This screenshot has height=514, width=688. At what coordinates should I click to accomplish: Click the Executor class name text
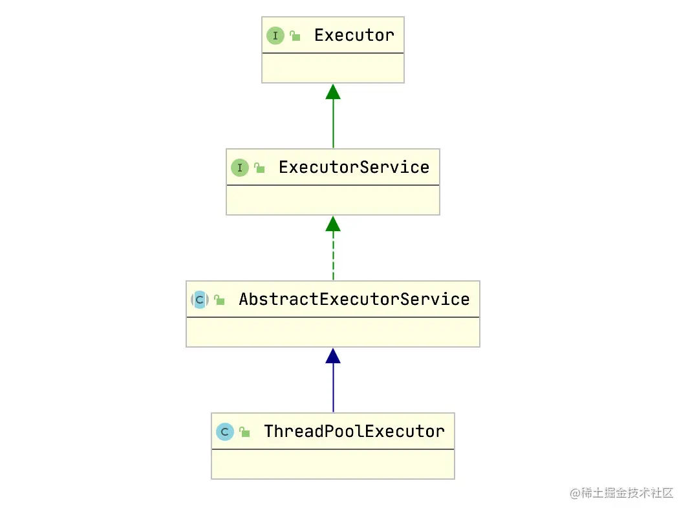click(x=354, y=35)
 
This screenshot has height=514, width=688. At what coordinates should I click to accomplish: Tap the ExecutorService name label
click(x=354, y=168)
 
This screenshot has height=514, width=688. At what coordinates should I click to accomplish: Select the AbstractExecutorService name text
click(x=354, y=299)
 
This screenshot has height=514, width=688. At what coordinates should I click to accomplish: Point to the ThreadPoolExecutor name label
click(x=354, y=431)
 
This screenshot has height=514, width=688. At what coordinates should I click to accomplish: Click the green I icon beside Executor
click(x=275, y=36)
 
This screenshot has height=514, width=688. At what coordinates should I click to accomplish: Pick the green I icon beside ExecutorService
click(x=239, y=168)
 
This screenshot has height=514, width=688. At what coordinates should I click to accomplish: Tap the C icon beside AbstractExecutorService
click(x=200, y=300)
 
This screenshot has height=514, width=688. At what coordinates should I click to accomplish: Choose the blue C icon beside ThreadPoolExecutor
click(x=224, y=432)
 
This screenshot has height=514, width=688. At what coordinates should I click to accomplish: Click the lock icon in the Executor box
click(x=295, y=36)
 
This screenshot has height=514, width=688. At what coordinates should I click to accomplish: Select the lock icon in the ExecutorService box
click(x=259, y=168)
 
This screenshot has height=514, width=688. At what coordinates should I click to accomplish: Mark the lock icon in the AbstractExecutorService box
click(x=219, y=300)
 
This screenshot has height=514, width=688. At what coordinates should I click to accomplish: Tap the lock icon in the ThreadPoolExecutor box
click(x=244, y=432)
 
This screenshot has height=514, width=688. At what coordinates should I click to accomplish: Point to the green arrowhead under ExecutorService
click(x=333, y=223)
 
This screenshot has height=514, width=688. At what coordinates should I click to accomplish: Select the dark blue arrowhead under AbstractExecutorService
click(x=333, y=356)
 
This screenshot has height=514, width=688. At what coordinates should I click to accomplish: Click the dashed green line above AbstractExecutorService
click(x=333, y=256)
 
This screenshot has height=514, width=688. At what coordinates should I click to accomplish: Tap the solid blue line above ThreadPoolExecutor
click(x=333, y=388)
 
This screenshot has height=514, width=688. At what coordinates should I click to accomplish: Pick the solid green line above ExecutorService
click(x=333, y=124)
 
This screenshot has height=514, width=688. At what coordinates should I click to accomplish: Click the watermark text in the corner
click(x=621, y=493)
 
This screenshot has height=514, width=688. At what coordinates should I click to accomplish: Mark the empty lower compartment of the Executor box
click(x=333, y=68)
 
